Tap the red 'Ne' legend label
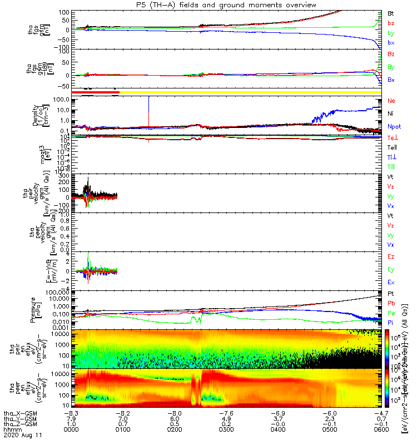click(x=391, y=101)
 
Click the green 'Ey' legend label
click(x=391, y=270)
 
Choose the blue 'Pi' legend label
click(x=391, y=323)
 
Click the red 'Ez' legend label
click(x=391, y=258)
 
